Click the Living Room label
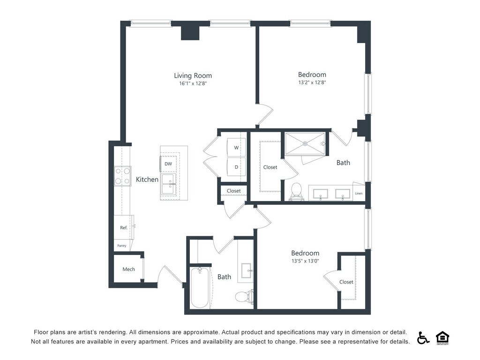click(x=193, y=75)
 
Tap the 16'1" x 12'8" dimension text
click(x=193, y=83)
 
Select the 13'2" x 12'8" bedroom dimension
click(x=312, y=82)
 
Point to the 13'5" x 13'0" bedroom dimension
click(x=305, y=261)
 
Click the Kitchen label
click(x=147, y=180)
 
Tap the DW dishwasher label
click(x=168, y=164)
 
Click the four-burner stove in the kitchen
click(x=123, y=176)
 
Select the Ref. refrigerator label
click(x=124, y=227)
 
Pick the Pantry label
click(x=122, y=246)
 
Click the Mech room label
click(x=128, y=269)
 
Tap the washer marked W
click(x=236, y=148)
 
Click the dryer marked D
click(x=236, y=167)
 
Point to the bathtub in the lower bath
click(x=200, y=288)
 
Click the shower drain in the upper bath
click(x=305, y=143)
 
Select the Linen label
click(x=359, y=193)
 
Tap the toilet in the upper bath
click(x=296, y=192)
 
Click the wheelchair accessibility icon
click(x=423, y=337)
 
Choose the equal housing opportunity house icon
click(x=442, y=337)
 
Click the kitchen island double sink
click(x=169, y=184)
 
